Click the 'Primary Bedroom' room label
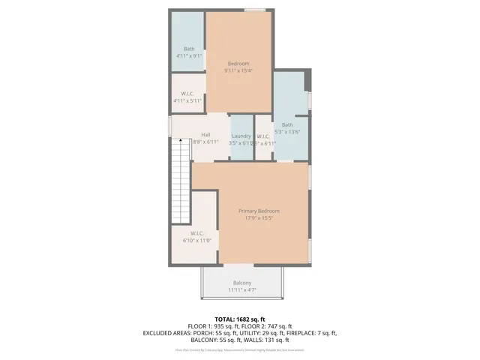click(x=258, y=211)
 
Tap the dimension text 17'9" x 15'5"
click(x=258, y=219)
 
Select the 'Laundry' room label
click(x=241, y=136)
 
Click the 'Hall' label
click(x=205, y=135)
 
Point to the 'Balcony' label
click(x=241, y=283)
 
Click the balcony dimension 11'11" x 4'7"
click(x=241, y=289)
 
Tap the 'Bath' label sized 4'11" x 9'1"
click(x=188, y=49)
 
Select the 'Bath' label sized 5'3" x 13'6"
click(x=287, y=124)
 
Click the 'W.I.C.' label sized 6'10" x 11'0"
click(x=196, y=233)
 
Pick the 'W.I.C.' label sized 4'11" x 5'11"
click(x=187, y=94)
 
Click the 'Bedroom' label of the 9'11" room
click(x=238, y=64)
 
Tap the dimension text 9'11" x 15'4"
click(x=238, y=71)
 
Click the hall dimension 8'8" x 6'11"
click(x=205, y=142)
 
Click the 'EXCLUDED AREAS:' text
click(x=168, y=333)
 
